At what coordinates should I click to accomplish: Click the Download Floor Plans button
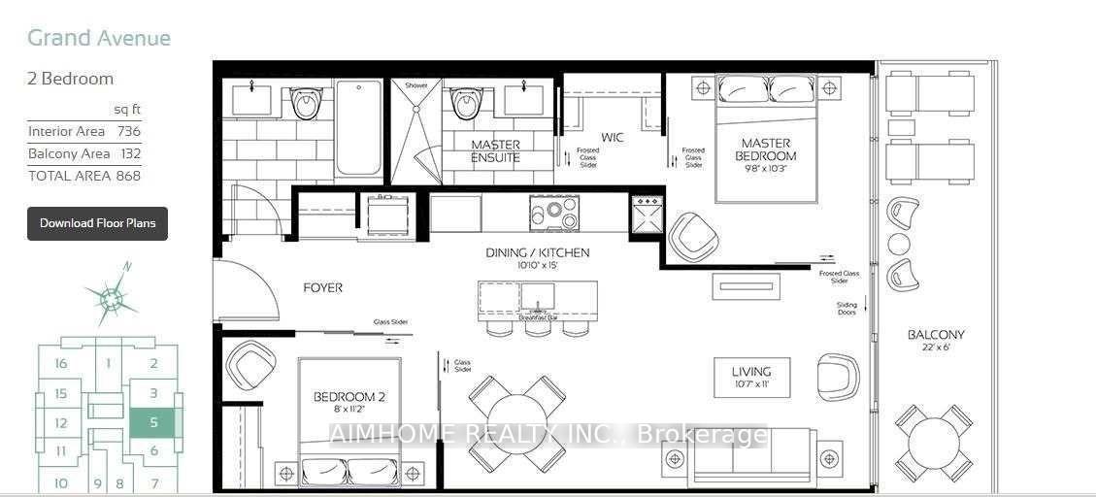pos(97,223)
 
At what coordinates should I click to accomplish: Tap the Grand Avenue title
pos(99,38)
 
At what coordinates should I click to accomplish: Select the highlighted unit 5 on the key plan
pos(153,422)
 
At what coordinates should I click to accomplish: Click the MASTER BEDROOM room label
pos(765,149)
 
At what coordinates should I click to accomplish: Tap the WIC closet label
pos(612,138)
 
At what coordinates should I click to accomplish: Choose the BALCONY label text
pos(936,335)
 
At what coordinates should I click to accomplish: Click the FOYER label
pos(322,288)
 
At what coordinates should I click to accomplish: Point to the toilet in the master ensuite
pos(466,102)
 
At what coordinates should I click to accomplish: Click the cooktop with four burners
pos(554,214)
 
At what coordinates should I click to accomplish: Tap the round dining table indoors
pos(517,422)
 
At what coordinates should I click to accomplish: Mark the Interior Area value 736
pos(128,131)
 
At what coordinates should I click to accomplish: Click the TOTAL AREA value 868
pos(128,176)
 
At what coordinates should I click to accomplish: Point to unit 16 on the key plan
pos(61,364)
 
